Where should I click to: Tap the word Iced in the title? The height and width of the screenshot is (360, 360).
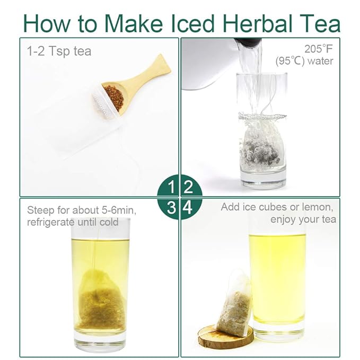point(192,23)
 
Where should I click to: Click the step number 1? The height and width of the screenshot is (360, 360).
point(171,187)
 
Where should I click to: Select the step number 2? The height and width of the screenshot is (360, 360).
point(188,187)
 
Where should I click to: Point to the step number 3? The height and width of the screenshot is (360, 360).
point(171,207)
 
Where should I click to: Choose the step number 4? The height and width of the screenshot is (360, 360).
point(188,207)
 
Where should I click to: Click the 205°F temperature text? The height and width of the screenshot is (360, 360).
point(319,49)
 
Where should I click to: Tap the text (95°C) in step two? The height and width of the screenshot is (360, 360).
point(290,62)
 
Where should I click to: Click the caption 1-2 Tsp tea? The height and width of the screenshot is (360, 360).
point(59,51)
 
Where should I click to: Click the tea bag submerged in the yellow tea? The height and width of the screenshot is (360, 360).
point(101,301)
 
